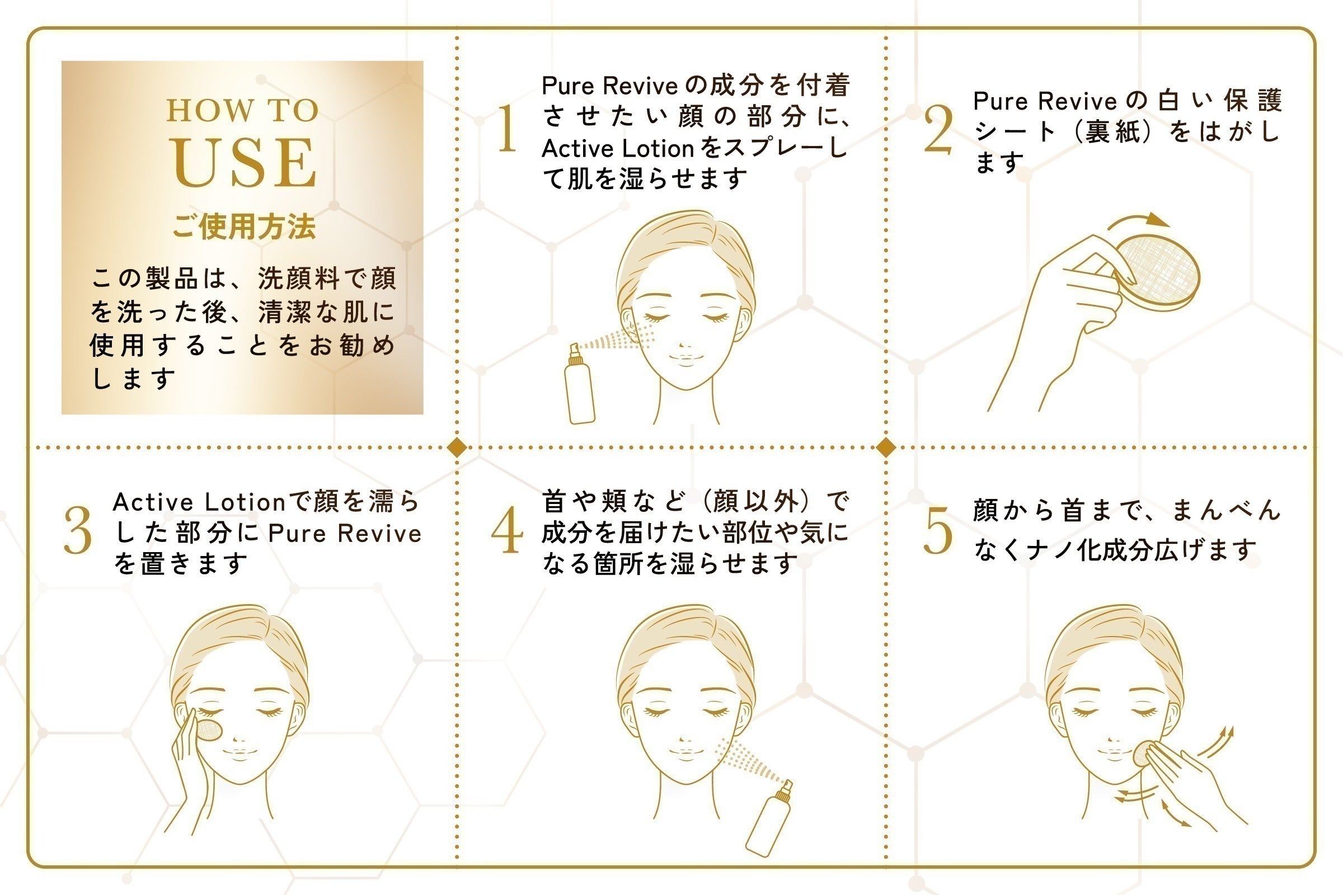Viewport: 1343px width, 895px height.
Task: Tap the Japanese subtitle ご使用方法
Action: coord(244,227)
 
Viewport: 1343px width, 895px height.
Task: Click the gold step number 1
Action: coord(506,129)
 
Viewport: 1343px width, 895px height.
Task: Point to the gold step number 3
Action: coord(78,530)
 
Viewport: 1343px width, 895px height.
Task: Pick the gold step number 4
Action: coord(507,530)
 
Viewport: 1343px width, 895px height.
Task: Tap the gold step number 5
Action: coord(938,530)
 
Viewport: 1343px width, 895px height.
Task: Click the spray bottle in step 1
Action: coord(579,388)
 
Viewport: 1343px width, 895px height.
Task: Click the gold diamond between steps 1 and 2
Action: coord(886,447)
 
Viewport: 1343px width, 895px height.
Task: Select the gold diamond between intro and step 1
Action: coord(457,447)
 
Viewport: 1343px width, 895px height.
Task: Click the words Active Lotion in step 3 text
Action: coord(199,502)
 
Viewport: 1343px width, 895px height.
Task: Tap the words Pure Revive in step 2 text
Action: coord(1044,101)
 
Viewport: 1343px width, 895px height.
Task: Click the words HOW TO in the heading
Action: coord(243,111)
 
